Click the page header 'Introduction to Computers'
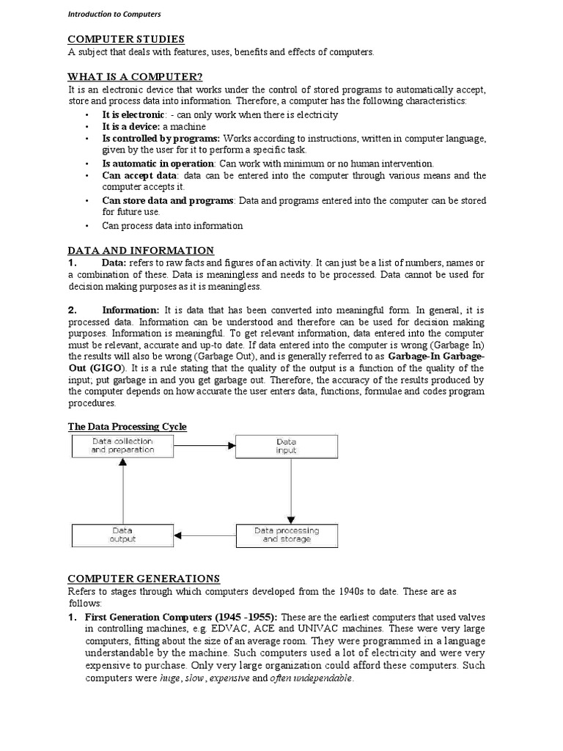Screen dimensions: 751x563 pyautogui.click(x=114, y=14)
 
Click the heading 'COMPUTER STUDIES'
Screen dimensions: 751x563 pyautogui.click(x=126, y=39)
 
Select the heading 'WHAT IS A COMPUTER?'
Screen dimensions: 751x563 pyautogui.click(x=135, y=76)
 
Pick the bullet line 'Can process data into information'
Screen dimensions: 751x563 pyautogui.click(x=172, y=226)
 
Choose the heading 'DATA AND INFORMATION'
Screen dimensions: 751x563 pyautogui.click(x=141, y=250)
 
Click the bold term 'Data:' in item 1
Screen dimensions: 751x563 pyautogui.click(x=114, y=263)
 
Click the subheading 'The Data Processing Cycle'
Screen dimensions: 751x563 pyautogui.click(x=128, y=426)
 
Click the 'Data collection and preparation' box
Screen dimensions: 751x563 pyautogui.click(x=122, y=446)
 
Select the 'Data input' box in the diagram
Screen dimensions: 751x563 pyautogui.click(x=286, y=446)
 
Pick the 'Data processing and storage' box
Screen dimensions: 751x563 pyautogui.click(x=286, y=535)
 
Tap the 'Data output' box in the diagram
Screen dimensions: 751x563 pyautogui.click(x=122, y=535)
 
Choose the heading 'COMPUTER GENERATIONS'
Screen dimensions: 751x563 pyautogui.click(x=144, y=579)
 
